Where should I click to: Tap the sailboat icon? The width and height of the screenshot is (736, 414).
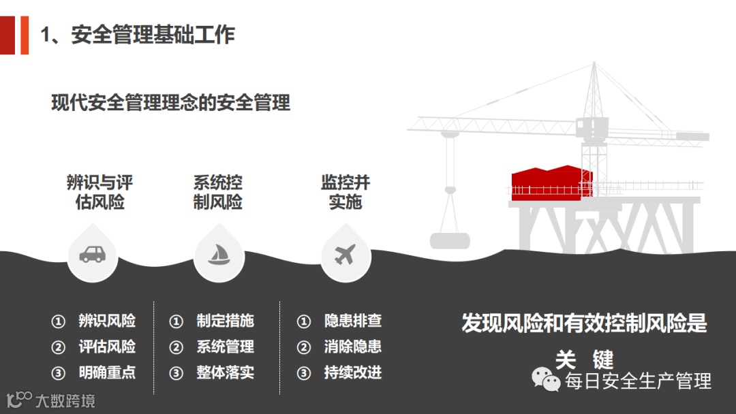[x=218, y=255]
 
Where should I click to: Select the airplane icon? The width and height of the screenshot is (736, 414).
[x=346, y=255]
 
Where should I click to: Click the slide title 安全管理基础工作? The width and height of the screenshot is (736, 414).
[x=138, y=35]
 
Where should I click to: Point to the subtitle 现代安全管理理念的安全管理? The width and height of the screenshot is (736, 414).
[x=171, y=103]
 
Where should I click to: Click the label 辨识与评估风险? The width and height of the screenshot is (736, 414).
[x=99, y=193]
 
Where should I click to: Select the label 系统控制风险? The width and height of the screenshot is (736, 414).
[x=218, y=193]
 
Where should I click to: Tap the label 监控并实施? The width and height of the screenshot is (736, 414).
[x=346, y=193]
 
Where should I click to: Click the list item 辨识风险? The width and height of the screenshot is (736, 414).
[x=107, y=321]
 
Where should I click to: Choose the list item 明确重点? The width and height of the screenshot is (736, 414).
[x=107, y=372]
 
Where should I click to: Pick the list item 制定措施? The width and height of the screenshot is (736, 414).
[x=225, y=321]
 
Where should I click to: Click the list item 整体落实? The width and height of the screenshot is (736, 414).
[x=225, y=372]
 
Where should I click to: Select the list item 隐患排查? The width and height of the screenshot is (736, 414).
[x=352, y=321]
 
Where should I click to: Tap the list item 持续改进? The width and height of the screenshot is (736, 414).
[x=352, y=372]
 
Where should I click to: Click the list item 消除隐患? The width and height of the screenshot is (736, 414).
[x=352, y=347]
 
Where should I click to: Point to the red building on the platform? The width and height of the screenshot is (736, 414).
[x=551, y=182]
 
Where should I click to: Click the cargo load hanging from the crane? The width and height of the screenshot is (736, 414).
[x=450, y=240]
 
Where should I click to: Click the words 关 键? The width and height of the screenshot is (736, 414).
[x=584, y=359]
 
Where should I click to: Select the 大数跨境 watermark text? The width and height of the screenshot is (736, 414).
[x=65, y=400]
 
